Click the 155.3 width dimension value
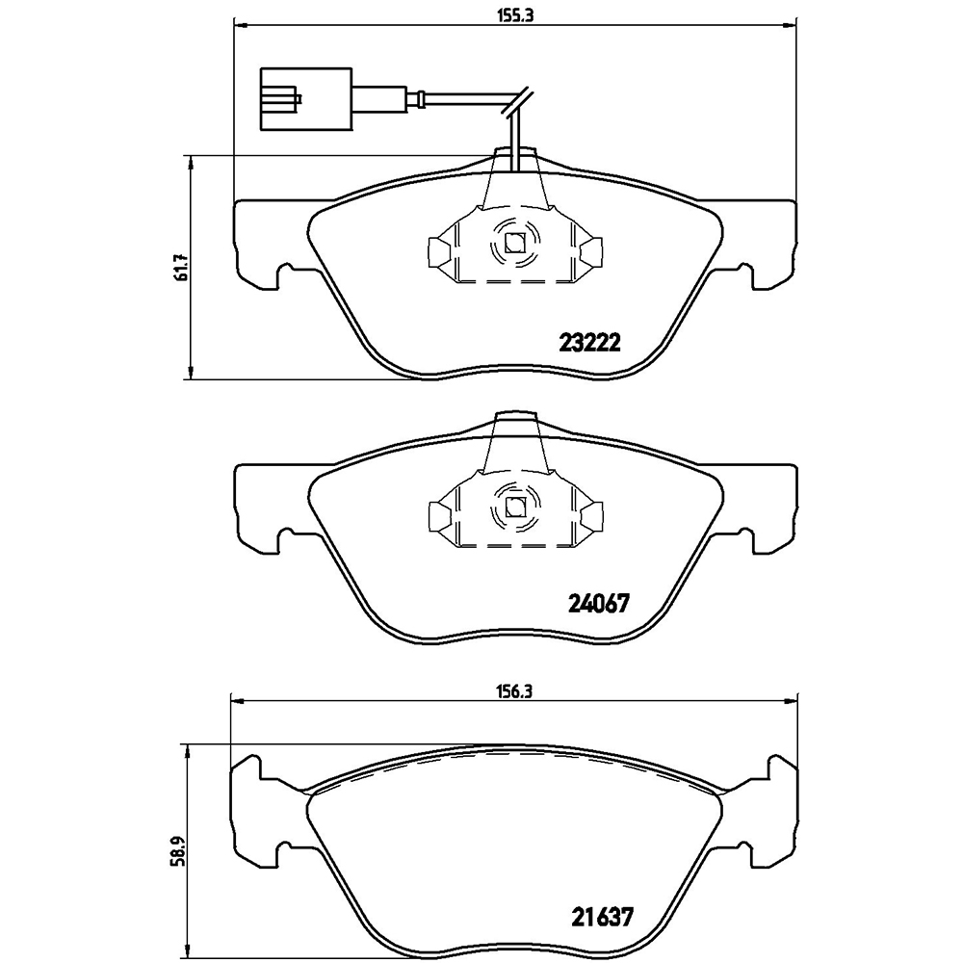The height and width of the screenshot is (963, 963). (514, 16)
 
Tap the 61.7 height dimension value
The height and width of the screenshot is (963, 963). (181, 268)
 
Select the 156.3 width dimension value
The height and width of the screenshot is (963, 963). (513, 690)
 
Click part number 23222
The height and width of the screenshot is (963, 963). (589, 342)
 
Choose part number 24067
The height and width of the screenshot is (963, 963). (598, 604)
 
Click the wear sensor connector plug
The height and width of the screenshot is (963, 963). (307, 99)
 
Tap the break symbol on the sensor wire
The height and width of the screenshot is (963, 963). (518, 102)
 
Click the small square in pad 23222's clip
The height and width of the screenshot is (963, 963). (513, 244)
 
